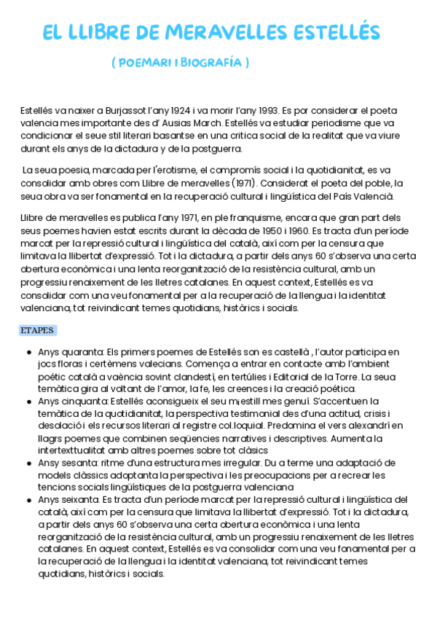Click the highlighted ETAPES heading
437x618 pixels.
pyautogui.click(x=37, y=330)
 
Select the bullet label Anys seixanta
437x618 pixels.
pyautogui.click(x=62, y=499)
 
